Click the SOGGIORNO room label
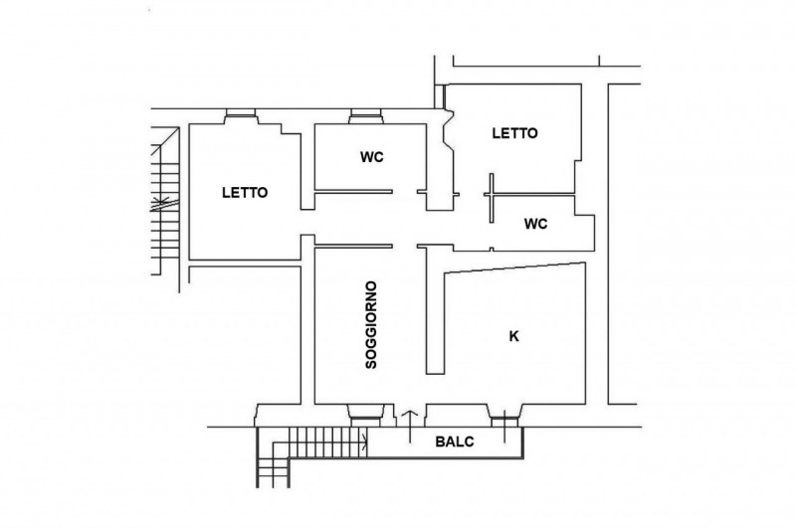(371, 325)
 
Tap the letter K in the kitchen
(514, 336)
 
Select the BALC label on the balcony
(455, 442)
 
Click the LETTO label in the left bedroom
(245, 193)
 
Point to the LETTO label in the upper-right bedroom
(514, 133)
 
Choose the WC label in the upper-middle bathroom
(371, 157)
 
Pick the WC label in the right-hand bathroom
(536, 224)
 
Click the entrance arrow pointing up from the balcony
(410, 427)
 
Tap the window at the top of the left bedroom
(241, 116)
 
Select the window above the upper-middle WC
(365, 116)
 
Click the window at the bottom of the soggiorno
(365, 416)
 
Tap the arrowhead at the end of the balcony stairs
(364, 442)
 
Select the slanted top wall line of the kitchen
(514, 268)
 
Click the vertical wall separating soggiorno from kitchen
(435, 311)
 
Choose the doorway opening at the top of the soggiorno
(405, 247)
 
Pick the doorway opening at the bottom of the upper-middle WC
(405, 192)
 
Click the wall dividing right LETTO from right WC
(529, 194)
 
